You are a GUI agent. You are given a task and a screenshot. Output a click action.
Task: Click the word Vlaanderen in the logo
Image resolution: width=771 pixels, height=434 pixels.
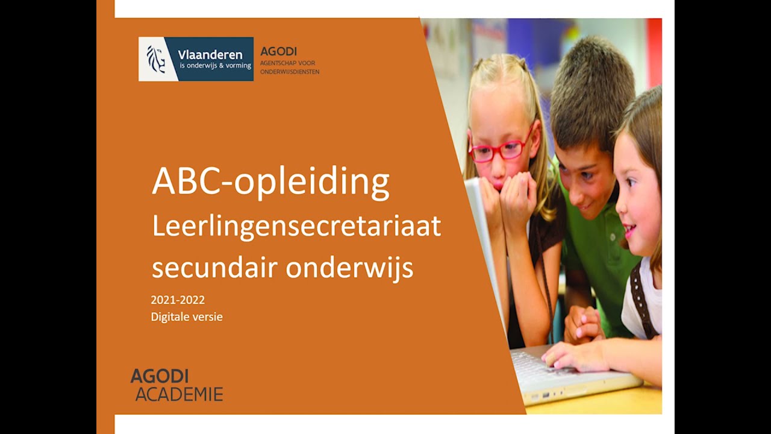tap(210, 54)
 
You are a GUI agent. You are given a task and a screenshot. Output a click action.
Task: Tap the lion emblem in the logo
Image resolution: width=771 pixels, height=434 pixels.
tap(156, 59)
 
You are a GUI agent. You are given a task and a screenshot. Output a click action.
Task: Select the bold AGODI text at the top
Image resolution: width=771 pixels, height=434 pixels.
tap(278, 52)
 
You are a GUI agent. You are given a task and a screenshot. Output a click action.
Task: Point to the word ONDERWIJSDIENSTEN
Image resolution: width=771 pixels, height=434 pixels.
tap(290, 72)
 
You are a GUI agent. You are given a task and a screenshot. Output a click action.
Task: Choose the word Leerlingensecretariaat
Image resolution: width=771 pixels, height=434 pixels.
tap(296, 227)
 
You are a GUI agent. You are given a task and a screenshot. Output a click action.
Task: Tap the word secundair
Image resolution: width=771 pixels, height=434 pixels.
tap(214, 267)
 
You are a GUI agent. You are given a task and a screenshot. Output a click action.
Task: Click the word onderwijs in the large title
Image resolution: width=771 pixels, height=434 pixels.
tap(349, 267)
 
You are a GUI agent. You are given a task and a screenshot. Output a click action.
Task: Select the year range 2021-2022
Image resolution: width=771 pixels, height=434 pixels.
tap(178, 300)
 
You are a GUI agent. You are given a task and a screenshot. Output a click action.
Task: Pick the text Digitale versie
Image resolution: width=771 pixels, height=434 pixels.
tap(187, 316)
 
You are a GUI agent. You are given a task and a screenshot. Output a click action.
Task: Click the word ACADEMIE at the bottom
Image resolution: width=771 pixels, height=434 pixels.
tap(179, 395)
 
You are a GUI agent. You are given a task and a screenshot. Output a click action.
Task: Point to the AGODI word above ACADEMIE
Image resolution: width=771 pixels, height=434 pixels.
tap(160, 376)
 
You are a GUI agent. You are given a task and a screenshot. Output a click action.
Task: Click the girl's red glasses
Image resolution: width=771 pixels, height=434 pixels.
tap(500, 149)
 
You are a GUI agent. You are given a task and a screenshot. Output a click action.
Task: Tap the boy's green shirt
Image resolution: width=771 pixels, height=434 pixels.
tap(596, 259)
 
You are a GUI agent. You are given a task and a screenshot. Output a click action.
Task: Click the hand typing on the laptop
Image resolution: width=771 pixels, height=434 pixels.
tap(572, 356)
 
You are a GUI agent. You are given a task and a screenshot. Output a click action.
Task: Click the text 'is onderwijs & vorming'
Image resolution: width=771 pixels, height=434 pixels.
tap(215, 65)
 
